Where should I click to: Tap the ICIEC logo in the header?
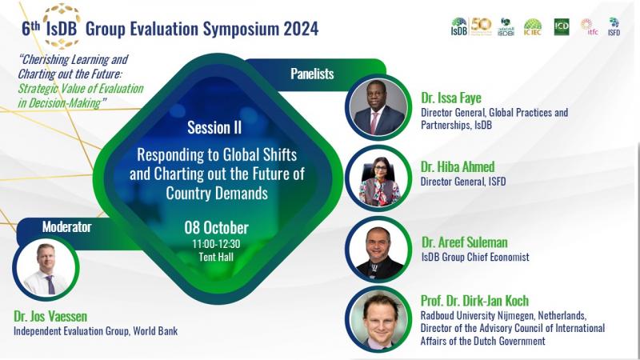coord(532,27)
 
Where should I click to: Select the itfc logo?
coord(590,27)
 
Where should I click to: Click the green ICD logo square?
coord(562,27)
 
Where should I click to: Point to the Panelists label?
coord(312,74)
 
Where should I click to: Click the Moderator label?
coord(67,226)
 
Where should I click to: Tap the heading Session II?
coord(214,127)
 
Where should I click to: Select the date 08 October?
coord(216,227)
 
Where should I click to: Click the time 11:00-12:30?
coord(216,244)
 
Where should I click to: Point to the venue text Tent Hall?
coord(216,257)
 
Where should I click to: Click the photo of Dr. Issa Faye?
coord(378,107)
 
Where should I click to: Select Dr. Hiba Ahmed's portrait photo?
coord(378,178)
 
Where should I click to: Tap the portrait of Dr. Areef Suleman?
coord(378,250)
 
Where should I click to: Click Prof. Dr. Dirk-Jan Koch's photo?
coord(378,319)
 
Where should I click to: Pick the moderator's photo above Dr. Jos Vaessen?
coord(46,269)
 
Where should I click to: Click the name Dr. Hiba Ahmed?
coord(458,166)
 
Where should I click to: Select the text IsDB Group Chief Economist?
coord(475,257)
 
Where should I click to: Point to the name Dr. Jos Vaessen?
coord(50,316)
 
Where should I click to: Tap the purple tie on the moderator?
coord(50,285)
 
